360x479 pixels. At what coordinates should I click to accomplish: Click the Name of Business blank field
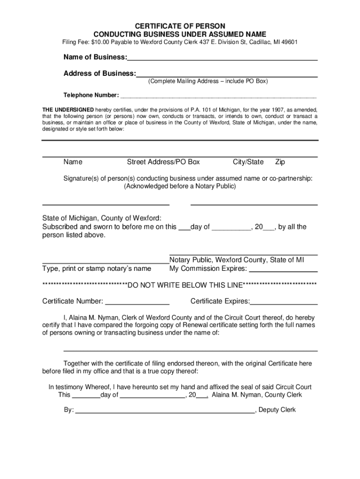click(222, 58)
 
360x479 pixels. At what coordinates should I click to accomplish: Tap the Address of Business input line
click(227, 74)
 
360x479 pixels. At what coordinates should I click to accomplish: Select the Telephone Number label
click(91, 95)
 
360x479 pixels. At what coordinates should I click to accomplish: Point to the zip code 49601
click(288, 43)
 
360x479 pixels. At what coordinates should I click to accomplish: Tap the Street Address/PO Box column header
click(163, 162)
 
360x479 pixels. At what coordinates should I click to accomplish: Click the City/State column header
click(248, 162)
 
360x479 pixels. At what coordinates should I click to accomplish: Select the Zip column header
click(280, 162)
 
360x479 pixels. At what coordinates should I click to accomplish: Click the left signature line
click(106, 203)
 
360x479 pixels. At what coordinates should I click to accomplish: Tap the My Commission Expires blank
click(283, 269)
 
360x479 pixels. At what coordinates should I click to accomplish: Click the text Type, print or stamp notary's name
click(96, 269)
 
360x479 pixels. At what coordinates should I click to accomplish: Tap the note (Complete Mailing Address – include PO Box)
click(208, 81)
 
